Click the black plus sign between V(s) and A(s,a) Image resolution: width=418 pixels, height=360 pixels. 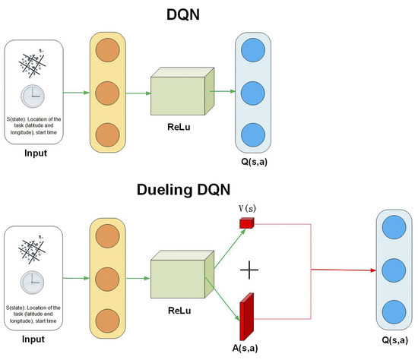(249, 270)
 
